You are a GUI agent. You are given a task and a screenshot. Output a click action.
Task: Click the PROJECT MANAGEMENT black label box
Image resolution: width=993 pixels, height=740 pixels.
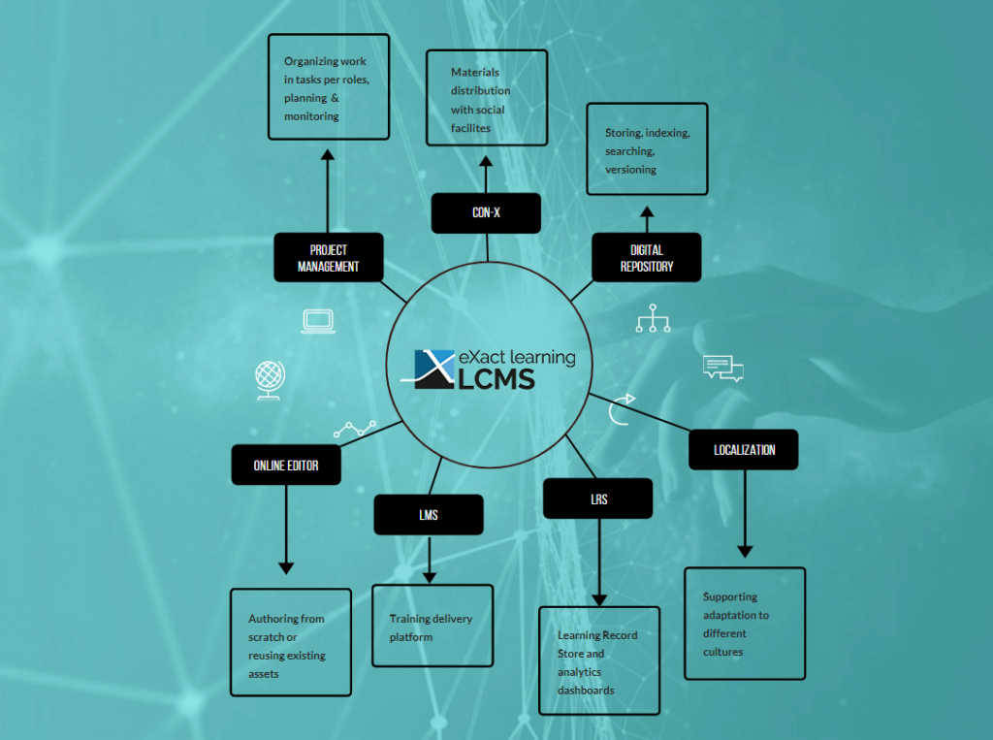pos(329,257)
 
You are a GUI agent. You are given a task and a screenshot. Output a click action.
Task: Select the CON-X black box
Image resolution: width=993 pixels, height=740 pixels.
pos(486,212)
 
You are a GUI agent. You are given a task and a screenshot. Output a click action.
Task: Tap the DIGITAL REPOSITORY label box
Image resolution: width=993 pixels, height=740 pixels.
pos(647,257)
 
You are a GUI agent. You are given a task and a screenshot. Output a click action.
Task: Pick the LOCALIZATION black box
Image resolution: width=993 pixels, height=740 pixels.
pos(744,450)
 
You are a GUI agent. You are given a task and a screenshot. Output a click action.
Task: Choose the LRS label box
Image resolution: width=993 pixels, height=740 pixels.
pos(597,499)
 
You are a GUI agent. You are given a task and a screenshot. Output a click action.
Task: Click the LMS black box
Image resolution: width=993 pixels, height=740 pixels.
pos(429,514)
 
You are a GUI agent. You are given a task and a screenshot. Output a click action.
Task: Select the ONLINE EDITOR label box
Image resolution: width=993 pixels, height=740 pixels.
pos(286,465)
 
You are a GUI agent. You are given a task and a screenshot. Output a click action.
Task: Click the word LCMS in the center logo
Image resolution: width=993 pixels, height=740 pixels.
pos(496,379)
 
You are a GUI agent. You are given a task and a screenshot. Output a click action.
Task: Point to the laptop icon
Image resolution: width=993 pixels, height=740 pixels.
pos(318,321)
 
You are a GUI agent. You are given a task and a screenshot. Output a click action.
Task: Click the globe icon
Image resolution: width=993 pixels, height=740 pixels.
pos(270,380)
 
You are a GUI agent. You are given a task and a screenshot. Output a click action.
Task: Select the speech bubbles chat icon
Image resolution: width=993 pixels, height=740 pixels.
pos(723,369)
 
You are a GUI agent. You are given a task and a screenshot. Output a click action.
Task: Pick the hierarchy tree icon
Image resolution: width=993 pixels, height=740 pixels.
pos(653,318)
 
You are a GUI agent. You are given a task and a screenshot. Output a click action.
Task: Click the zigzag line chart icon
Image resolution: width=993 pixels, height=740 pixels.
pos(355,429)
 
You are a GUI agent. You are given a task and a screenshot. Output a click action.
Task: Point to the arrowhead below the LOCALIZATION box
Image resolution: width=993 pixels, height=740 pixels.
pos(745,552)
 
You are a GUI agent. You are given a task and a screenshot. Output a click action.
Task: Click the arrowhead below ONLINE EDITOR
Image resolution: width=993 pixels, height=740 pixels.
pos(286,568)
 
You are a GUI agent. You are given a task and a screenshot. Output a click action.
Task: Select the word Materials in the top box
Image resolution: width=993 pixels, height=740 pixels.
pos(475,72)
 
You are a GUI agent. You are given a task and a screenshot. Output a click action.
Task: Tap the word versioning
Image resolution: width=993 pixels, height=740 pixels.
pos(630,170)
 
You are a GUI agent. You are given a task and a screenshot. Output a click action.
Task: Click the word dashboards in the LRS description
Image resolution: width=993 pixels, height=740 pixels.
pos(586,690)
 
